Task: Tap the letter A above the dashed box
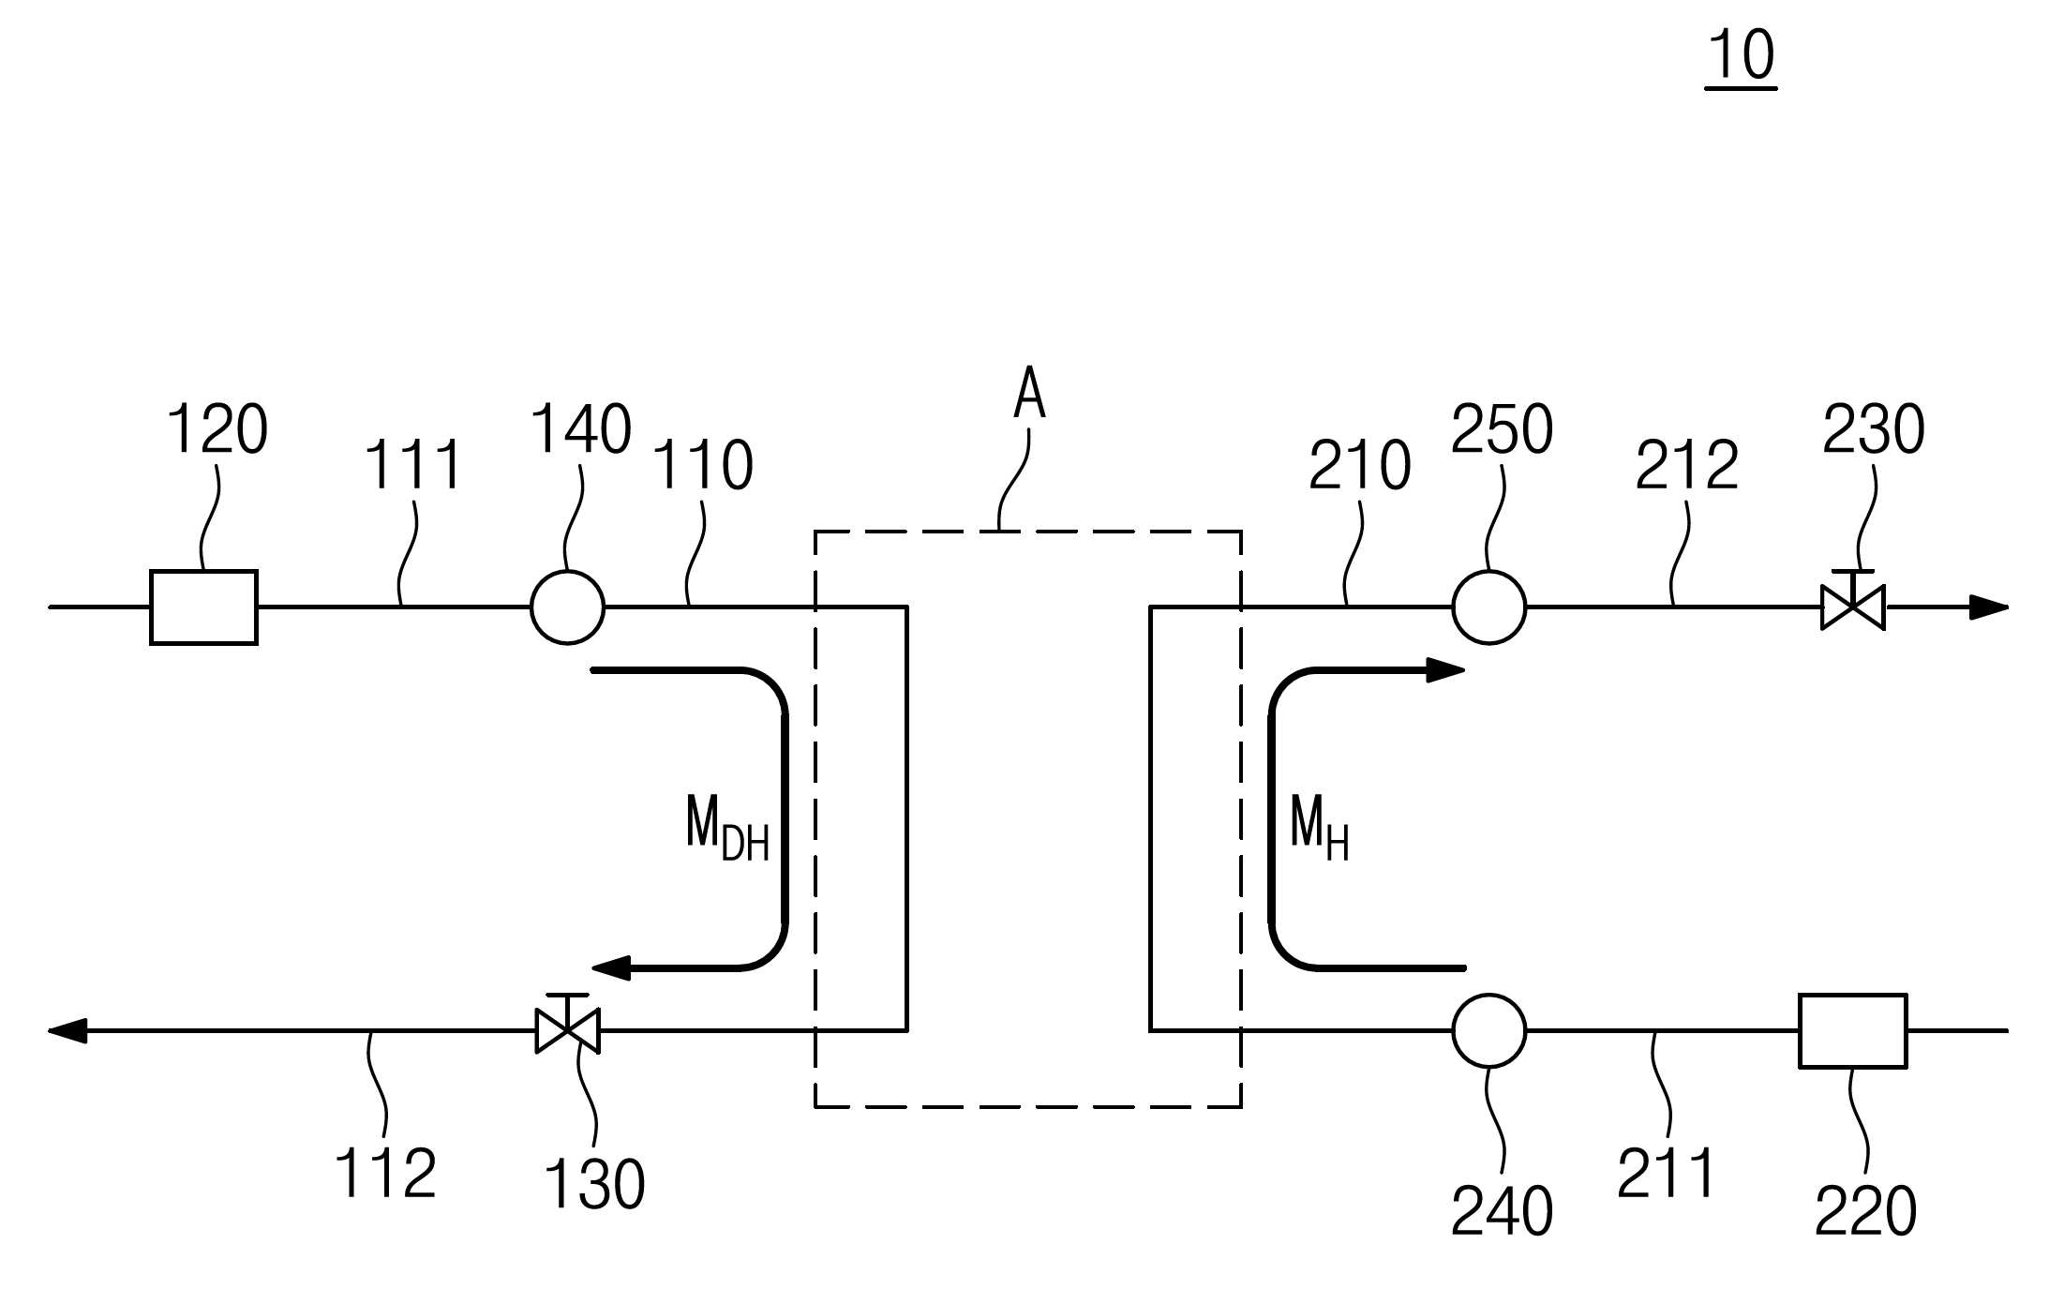(1029, 393)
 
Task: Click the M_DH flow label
(727, 828)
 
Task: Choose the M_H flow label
(1320, 828)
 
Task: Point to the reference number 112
(385, 1173)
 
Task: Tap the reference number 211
(1666, 1173)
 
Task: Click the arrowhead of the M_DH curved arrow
(611, 967)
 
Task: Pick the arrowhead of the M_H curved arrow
(1445, 670)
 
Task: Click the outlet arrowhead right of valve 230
(1988, 607)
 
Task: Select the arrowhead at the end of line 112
(67, 1030)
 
